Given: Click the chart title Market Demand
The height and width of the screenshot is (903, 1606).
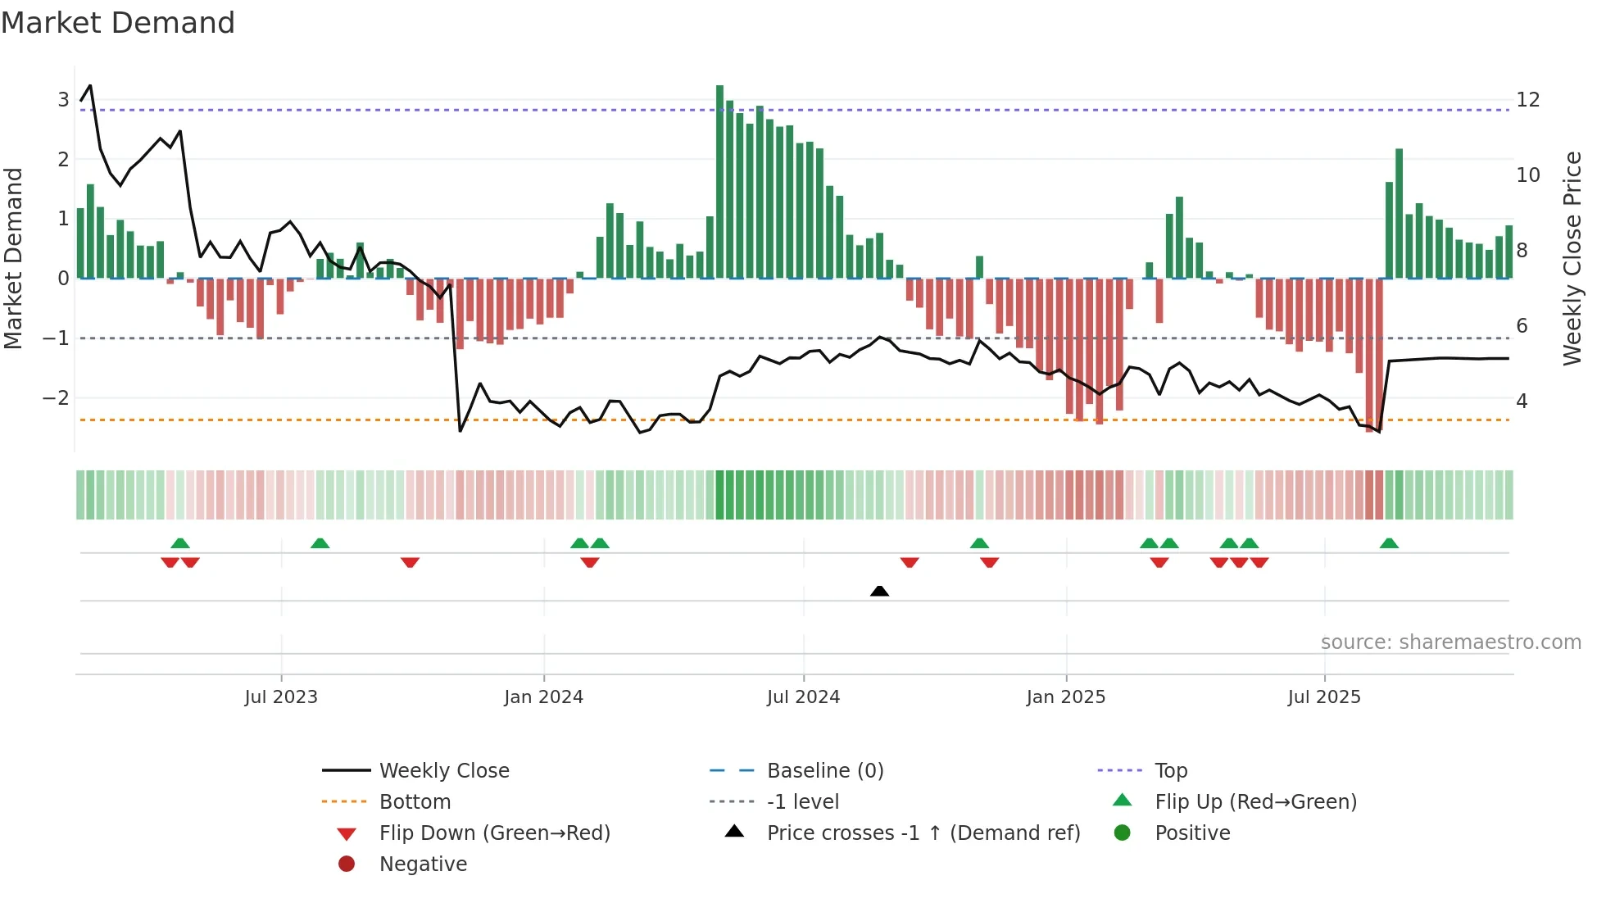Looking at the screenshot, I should coord(118,23).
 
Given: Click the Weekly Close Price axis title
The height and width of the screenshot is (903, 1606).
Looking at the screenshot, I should coord(1572,258).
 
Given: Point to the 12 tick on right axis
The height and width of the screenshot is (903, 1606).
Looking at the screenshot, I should coord(1527,100).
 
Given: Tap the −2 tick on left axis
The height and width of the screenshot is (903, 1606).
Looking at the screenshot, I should coord(56,398).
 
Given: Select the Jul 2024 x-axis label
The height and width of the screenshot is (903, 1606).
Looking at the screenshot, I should coord(803,697).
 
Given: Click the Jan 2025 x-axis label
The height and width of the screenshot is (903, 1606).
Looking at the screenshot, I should coord(1065,697).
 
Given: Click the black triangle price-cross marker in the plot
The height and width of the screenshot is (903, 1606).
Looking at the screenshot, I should coord(879,591).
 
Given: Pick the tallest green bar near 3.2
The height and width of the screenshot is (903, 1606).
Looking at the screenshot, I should coord(719,180).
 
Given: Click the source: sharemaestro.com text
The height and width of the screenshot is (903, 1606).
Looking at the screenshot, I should coord(1450,642).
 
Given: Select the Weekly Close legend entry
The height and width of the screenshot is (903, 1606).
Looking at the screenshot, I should coord(443,771).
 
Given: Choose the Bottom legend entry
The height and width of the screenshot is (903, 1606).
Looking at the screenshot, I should coord(415,802).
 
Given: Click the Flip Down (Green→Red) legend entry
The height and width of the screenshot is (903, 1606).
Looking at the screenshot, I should coord(494,833).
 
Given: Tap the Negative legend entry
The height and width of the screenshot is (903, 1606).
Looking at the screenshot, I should coord(423,864).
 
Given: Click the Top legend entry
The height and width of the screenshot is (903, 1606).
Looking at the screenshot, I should coord(1170,771).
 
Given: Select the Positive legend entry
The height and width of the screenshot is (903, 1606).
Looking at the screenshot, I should coord(1191,833).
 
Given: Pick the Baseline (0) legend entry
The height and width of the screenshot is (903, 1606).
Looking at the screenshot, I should coord(824,771).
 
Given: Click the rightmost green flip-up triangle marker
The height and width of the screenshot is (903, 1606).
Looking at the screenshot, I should coord(1389,543).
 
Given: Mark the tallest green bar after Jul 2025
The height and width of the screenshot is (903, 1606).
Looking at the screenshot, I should coord(1399,213).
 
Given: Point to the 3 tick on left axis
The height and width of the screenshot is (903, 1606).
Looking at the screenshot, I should coord(63,100).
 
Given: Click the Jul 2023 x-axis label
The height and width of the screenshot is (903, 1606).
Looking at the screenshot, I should coord(281,697).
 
